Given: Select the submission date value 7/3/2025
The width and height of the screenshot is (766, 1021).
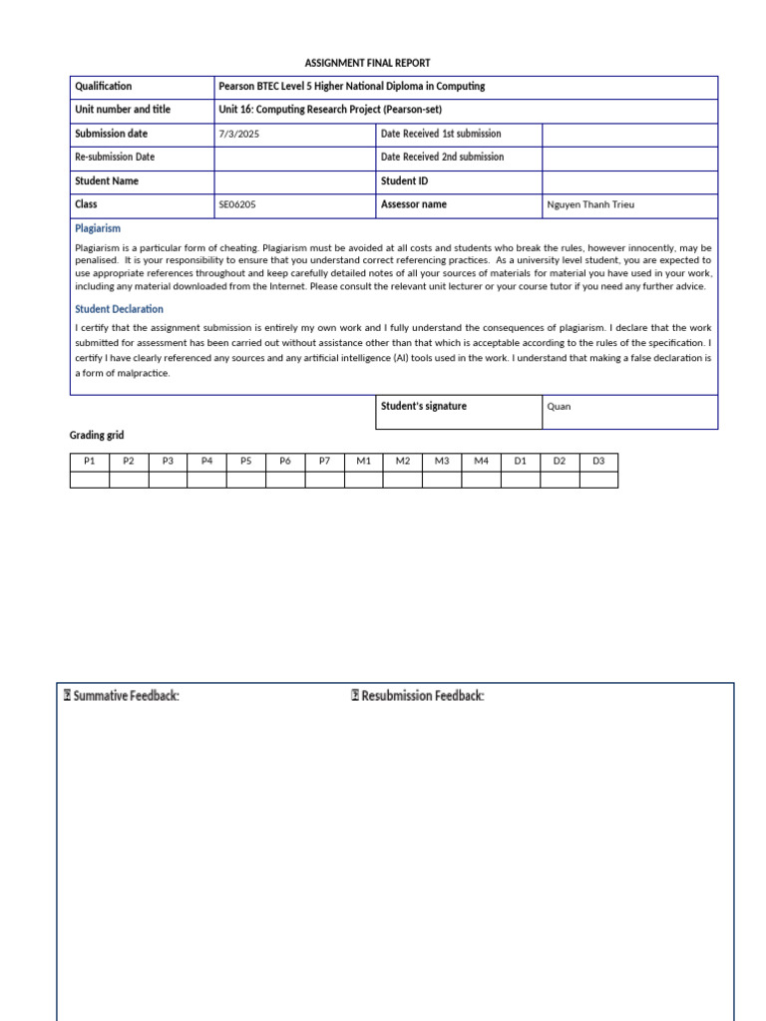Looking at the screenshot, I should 238,134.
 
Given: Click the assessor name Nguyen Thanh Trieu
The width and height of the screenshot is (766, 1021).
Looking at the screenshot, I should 590,205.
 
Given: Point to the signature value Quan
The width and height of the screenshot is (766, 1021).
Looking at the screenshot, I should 560,407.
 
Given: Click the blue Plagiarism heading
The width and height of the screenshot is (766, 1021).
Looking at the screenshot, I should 98,228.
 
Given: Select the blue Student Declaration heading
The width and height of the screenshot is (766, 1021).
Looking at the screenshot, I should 119,309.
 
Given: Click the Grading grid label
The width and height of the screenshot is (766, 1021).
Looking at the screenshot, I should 97,436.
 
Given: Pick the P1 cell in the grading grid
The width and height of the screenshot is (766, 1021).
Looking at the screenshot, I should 90,462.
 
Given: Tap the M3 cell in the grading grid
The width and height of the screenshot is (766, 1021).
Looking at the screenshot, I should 442,462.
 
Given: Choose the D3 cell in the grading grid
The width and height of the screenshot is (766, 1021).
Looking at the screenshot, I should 598,462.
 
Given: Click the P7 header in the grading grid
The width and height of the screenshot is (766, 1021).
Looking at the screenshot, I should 324,462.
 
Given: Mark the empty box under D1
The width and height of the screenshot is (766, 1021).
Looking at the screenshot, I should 520,480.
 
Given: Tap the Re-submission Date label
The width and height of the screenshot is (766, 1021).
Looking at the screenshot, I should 115,158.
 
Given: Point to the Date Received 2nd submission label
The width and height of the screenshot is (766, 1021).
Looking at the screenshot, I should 442,158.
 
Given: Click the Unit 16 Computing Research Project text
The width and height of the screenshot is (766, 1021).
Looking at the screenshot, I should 330,110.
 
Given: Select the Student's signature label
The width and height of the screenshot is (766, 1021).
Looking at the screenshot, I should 424,406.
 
